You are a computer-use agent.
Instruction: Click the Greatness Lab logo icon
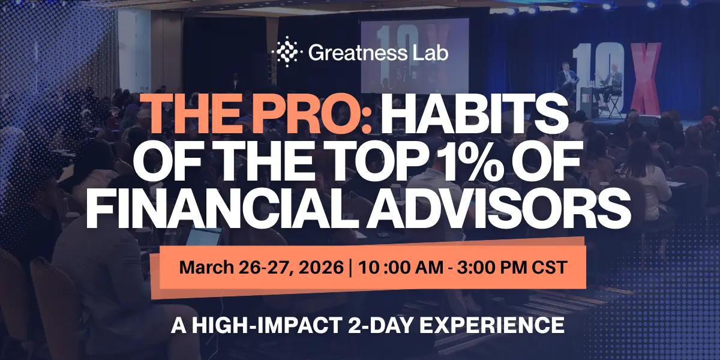286,52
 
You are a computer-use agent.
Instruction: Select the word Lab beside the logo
431,53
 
